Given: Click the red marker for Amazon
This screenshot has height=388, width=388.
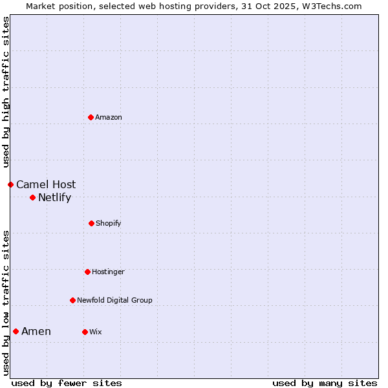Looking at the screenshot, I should tap(91, 117).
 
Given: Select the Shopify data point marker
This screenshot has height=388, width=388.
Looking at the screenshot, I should tap(91, 223).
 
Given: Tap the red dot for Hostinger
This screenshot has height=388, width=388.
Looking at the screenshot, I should tap(87, 272).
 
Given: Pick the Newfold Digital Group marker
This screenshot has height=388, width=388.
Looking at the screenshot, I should tap(72, 300).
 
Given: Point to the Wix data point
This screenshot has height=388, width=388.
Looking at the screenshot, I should tap(85, 332).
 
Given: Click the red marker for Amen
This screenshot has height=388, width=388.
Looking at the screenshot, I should tap(16, 332).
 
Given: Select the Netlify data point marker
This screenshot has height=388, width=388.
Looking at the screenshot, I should tap(32, 197).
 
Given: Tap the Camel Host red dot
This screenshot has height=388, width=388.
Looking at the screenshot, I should tap(10, 184).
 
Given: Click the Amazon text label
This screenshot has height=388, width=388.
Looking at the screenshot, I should tap(109, 117).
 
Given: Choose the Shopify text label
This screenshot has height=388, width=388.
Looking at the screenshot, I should tap(109, 223).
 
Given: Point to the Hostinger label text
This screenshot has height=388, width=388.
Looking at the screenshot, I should tap(108, 272).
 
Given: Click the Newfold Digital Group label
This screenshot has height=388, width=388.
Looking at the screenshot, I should tap(114, 300).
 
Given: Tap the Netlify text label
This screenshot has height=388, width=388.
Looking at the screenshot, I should tap(54, 198).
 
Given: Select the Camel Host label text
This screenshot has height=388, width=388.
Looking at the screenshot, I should tap(46, 185).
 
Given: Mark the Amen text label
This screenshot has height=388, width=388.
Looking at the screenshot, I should tap(36, 332).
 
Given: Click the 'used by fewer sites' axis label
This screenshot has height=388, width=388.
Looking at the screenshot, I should tap(67, 383).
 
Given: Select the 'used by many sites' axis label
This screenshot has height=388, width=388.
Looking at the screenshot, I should tap(325, 383).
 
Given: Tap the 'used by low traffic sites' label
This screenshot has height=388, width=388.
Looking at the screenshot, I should tap(6, 302).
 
